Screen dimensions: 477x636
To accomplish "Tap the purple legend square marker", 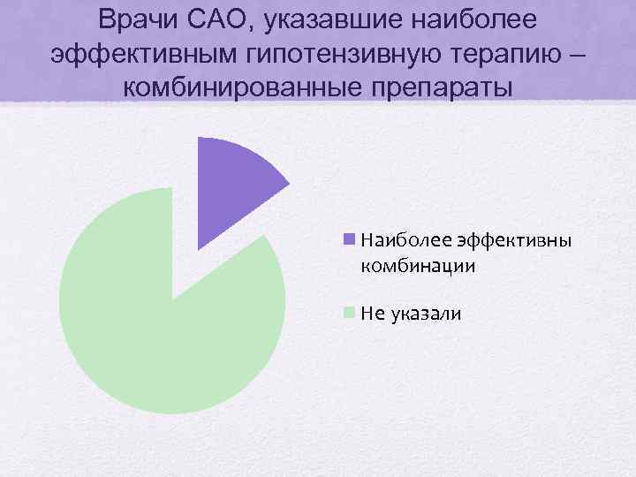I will pos(349,238).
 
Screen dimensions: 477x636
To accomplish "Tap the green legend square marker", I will pos(349,312).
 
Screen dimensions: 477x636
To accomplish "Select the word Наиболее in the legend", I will pos(397,239).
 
